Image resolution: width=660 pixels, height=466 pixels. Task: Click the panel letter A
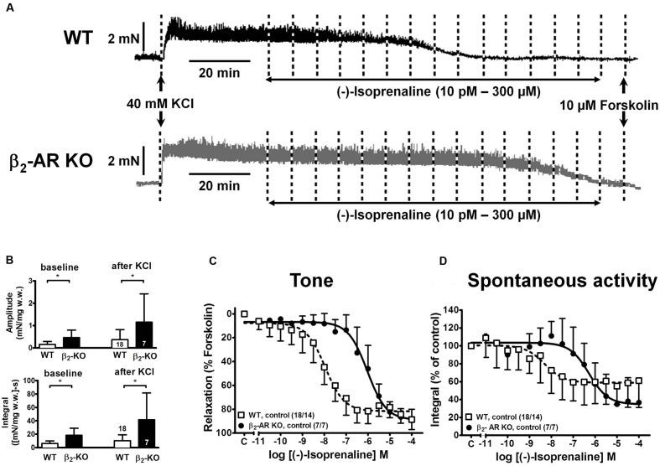click(8, 6)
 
